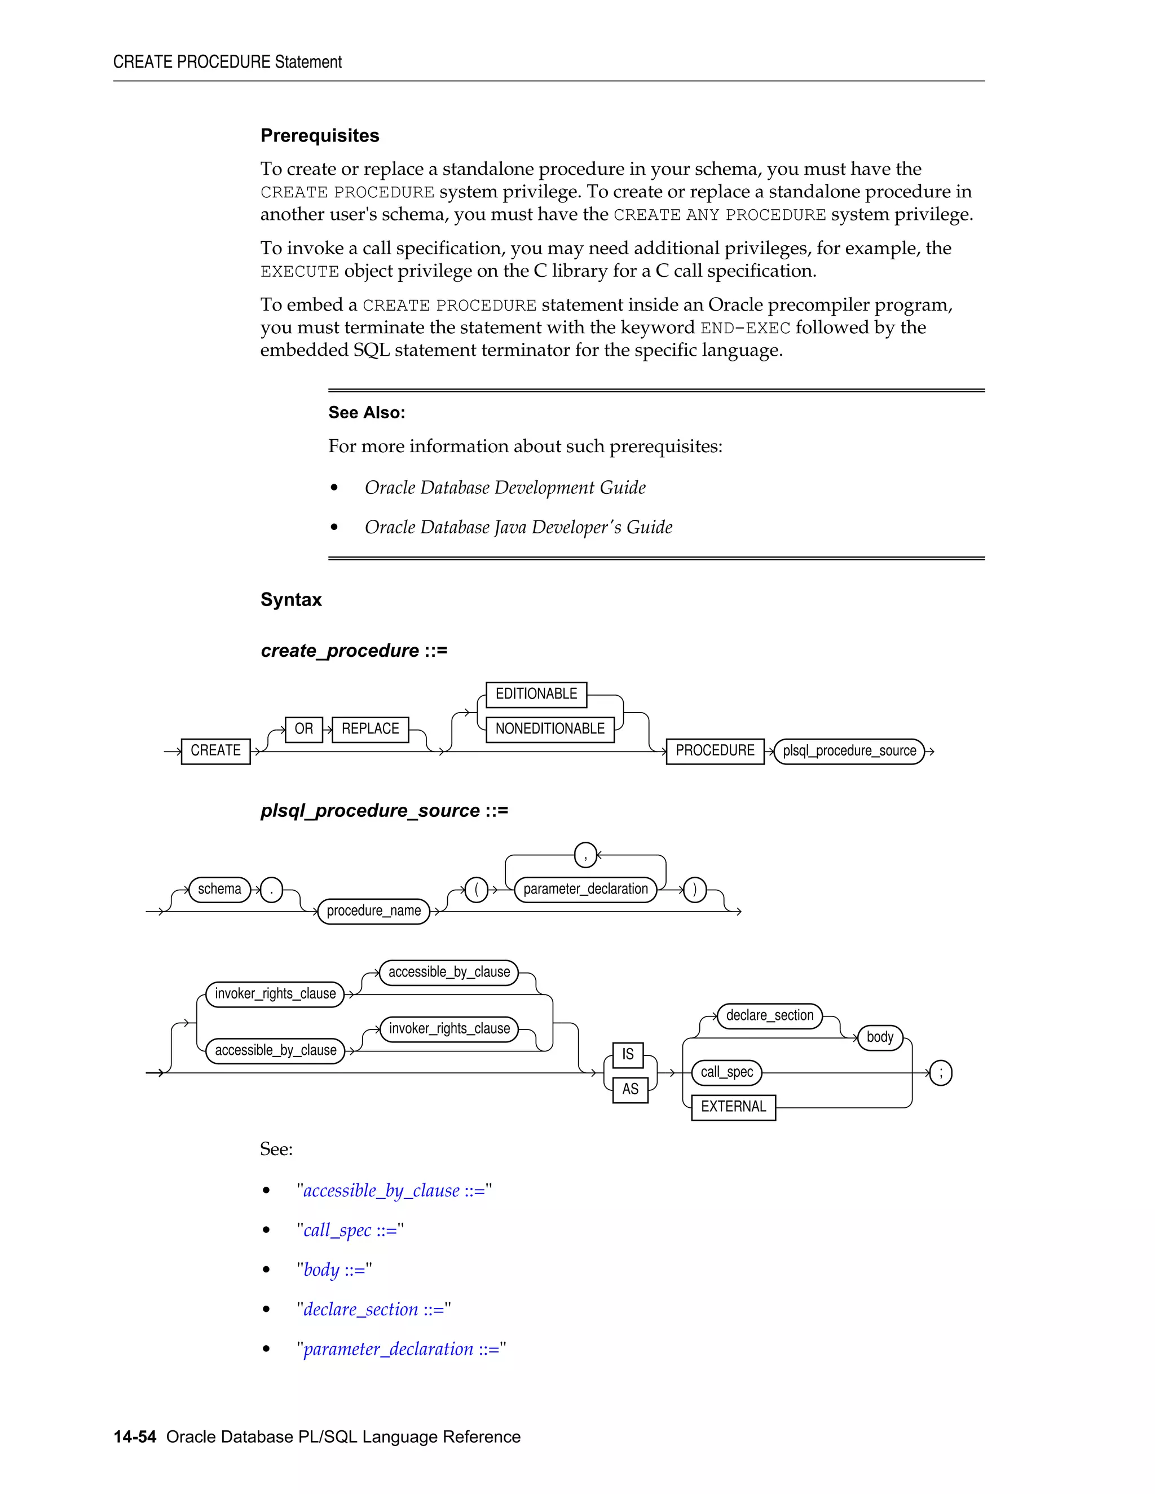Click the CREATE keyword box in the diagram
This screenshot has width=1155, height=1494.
(x=215, y=750)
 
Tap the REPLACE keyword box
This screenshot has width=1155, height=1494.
(x=370, y=728)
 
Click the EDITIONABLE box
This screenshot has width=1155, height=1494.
(x=536, y=693)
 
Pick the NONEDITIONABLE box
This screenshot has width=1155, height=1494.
(x=549, y=728)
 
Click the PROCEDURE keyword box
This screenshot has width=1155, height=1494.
(x=715, y=750)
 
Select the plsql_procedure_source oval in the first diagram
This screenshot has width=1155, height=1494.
(x=849, y=750)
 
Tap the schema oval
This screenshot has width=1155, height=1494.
(x=219, y=889)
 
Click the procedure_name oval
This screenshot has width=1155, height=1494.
(x=373, y=910)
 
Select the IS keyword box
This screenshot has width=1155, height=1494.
(x=628, y=1054)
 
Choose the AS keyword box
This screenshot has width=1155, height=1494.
(x=629, y=1089)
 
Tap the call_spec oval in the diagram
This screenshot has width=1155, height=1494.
(x=726, y=1072)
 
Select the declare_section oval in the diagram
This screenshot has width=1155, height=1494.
(x=769, y=1015)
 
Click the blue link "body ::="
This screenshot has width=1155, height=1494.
(x=334, y=1270)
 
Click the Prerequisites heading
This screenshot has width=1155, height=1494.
(x=320, y=135)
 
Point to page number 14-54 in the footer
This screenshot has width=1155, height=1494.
(x=135, y=1436)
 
